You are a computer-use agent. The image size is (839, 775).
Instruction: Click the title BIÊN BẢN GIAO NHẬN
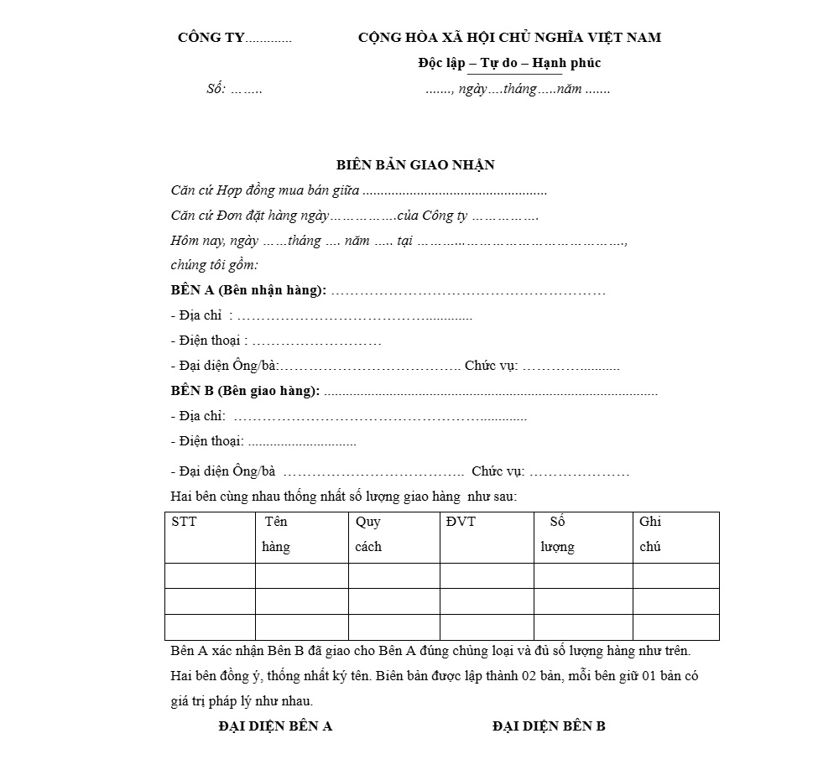coord(415,165)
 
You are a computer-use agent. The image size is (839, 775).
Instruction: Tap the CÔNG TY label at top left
coord(211,38)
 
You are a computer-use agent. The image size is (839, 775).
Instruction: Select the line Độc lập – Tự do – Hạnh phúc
coord(509,63)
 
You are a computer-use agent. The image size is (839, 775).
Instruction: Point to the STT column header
coord(184,522)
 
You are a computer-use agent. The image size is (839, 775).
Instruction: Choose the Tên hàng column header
coord(276,534)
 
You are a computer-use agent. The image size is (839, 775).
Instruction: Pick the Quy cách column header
coord(368,534)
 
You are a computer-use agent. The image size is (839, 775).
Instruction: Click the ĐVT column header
coord(461,522)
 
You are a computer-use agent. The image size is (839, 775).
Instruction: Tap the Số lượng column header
coord(557,534)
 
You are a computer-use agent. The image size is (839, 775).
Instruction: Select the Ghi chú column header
coord(650,534)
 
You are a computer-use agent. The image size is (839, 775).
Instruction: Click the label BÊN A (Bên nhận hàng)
coord(248,291)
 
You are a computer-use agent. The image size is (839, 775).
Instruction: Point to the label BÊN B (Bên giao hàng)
coord(245,391)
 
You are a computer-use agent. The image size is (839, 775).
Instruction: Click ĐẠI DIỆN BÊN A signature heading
coord(275,726)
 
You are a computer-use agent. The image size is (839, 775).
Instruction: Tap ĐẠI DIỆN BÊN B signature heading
coord(549,726)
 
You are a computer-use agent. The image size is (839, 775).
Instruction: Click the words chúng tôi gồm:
coord(215,266)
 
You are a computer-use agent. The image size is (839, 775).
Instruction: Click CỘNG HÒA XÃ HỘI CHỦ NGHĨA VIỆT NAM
coord(509,38)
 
